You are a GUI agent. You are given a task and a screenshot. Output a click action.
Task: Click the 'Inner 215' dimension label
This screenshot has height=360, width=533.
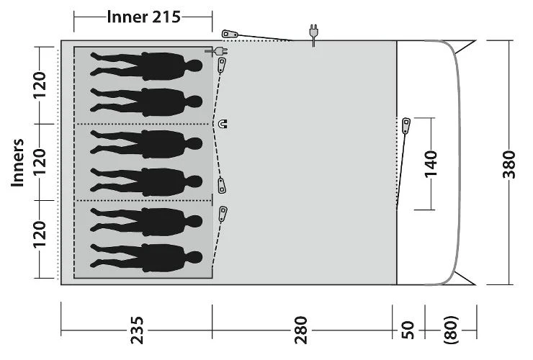143,17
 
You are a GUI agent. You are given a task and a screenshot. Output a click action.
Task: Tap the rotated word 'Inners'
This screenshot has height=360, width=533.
19,163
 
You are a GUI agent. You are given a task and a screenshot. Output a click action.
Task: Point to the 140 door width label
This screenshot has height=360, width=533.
429,163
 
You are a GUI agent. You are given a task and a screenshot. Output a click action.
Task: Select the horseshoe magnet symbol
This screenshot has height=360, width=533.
223,124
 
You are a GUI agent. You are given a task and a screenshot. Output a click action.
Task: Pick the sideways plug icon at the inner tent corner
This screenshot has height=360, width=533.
212,51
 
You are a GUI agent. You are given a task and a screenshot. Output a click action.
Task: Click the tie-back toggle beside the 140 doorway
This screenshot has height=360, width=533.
407,126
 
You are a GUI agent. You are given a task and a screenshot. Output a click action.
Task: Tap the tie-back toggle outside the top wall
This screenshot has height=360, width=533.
230,35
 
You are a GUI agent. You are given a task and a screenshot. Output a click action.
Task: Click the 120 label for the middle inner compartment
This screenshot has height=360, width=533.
40,163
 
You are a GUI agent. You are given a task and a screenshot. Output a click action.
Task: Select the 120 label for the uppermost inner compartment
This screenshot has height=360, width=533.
40,85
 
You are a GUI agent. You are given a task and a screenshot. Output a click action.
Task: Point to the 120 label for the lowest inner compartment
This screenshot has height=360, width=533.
40,237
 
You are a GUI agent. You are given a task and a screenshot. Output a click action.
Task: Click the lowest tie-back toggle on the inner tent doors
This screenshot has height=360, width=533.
223,214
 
